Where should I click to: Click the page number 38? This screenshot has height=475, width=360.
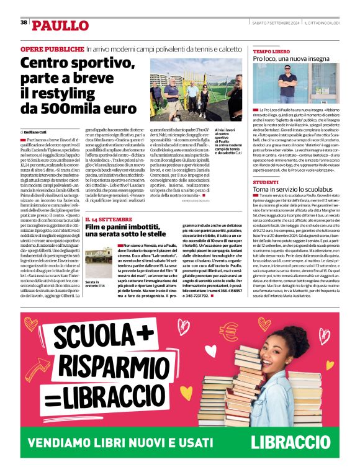tap(24, 22)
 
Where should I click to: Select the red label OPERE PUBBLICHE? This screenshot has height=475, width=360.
tap(52, 48)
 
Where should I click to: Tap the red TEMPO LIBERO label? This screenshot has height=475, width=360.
tap(271, 51)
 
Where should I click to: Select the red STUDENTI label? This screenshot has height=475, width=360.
tap(265, 182)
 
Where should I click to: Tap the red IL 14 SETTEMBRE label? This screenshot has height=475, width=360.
tap(109, 220)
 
